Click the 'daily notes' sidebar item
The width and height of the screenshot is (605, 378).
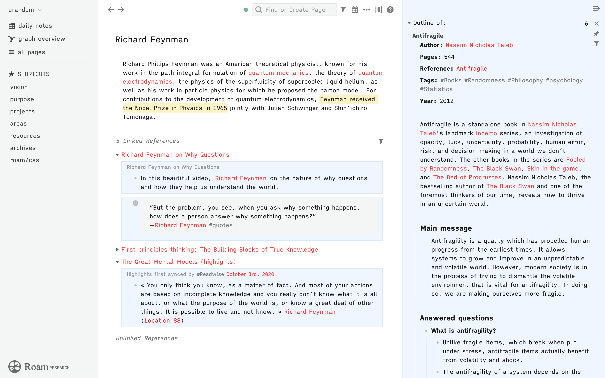(x=35, y=26)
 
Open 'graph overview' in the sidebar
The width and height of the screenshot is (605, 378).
(x=42, y=39)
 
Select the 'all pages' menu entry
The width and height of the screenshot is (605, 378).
(x=31, y=52)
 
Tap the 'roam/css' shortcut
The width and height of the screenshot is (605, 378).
(x=25, y=160)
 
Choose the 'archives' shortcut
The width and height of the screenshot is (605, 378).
(x=23, y=148)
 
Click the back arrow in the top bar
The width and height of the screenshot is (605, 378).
(x=111, y=10)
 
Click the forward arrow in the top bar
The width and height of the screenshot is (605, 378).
(x=121, y=10)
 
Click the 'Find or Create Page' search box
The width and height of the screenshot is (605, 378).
(x=295, y=10)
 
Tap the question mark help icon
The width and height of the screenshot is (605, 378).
(x=390, y=10)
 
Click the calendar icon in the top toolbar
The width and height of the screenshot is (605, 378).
(x=355, y=10)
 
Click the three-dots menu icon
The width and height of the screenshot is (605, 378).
(x=367, y=10)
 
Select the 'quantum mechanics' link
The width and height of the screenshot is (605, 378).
(x=279, y=73)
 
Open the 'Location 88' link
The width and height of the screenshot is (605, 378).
(x=162, y=320)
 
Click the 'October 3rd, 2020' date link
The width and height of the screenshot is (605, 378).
(x=250, y=274)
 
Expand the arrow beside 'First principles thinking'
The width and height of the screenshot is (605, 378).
(x=117, y=249)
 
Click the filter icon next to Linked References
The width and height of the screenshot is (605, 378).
(x=381, y=141)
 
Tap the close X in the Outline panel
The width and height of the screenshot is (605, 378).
(x=597, y=24)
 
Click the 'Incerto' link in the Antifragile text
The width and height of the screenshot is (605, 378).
(x=486, y=133)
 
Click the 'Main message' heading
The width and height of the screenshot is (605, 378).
(x=446, y=228)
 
